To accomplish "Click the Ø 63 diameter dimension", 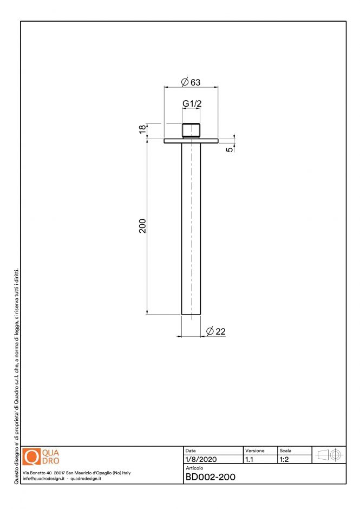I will click(x=191, y=82).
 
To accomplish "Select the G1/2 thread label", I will click(x=191, y=103).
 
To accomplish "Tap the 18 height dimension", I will click(x=142, y=129).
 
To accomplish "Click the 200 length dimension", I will click(x=142, y=226).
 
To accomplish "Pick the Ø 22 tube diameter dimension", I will click(x=215, y=331).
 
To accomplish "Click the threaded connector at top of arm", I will click(x=191, y=130).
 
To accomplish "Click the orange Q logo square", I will click(x=32, y=456).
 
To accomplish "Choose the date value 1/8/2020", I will click(x=201, y=460).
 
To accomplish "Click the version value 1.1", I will click(x=250, y=460).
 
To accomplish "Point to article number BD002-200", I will click(x=210, y=477).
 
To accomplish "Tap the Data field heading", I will click(x=191, y=451).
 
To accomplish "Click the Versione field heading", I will click(x=255, y=451).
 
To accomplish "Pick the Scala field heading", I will click(x=285, y=451).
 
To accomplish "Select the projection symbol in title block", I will click(x=328, y=455).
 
